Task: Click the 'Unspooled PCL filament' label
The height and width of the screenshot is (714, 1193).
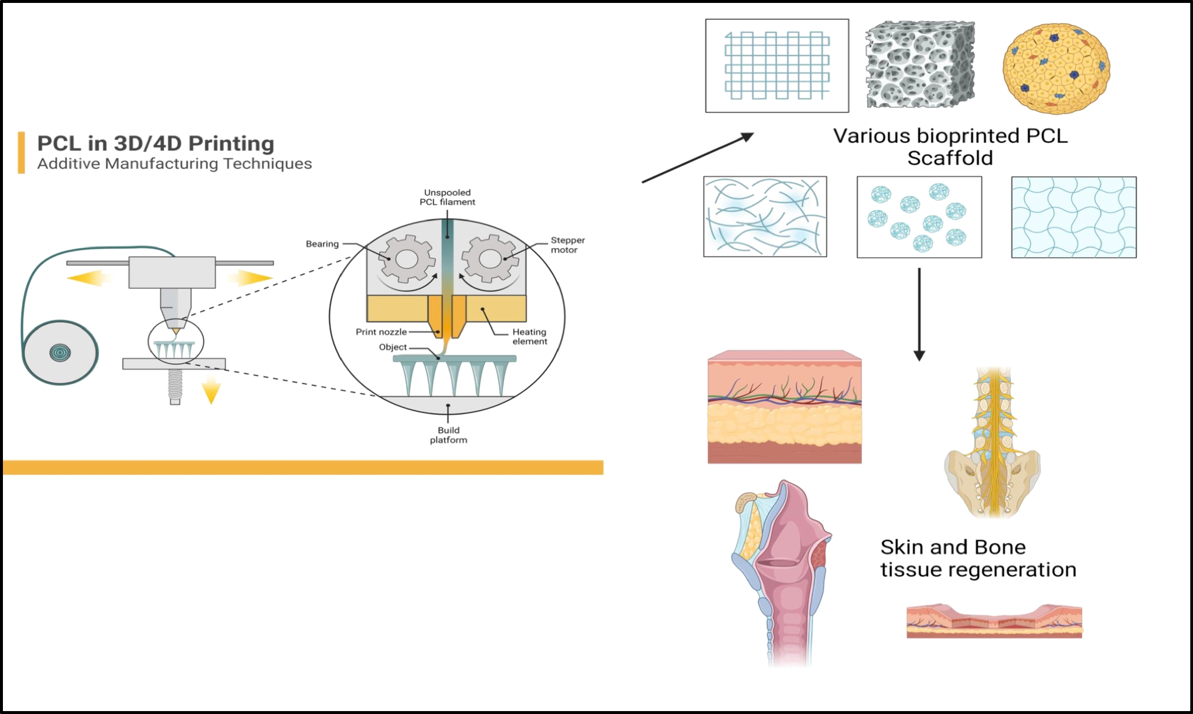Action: [x=447, y=197]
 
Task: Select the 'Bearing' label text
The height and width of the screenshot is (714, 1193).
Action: [x=322, y=244]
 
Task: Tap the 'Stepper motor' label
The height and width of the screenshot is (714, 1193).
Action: [x=567, y=245]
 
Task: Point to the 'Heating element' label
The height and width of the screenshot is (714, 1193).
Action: [x=530, y=337]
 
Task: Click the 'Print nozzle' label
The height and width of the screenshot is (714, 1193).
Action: [x=381, y=332]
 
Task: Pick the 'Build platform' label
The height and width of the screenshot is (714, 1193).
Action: [x=448, y=435]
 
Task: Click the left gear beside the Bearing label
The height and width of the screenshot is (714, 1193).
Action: [x=407, y=259]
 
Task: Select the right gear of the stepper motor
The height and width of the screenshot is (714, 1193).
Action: [x=490, y=259]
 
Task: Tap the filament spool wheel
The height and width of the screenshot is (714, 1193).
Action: [x=60, y=353]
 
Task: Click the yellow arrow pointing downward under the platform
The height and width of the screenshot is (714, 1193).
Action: [x=211, y=391]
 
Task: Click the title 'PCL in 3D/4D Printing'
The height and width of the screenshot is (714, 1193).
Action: [x=155, y=144]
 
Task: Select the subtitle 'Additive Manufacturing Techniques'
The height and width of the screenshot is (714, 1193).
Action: [x=174, y=163]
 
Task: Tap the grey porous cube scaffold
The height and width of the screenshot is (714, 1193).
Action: [x=920, y=64]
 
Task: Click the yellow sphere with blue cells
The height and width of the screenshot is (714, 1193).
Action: [x=1056, y=69]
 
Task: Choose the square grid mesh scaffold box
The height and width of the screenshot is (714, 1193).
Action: [x=777, y=66]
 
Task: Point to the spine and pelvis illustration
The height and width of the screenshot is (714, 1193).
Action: [x=992, y=445]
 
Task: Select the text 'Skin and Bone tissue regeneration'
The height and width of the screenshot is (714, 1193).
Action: [x=978, y=558]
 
